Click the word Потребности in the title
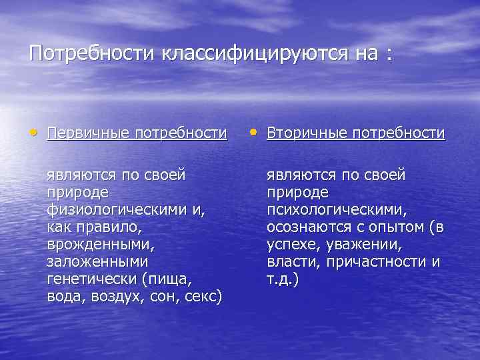click(x=91, y=53)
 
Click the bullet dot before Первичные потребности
click(x=33, y=133)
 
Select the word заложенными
click(x=97, y=262)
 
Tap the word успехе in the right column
click(x=291, y=245)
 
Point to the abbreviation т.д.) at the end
click(x=283, y=279)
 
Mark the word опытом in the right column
click(x=395, y=227)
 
